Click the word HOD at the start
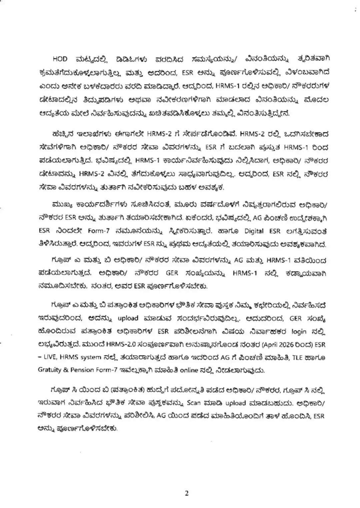tap(60, 59)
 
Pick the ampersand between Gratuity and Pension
tap(66, 370)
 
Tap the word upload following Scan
tap(235, 403)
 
